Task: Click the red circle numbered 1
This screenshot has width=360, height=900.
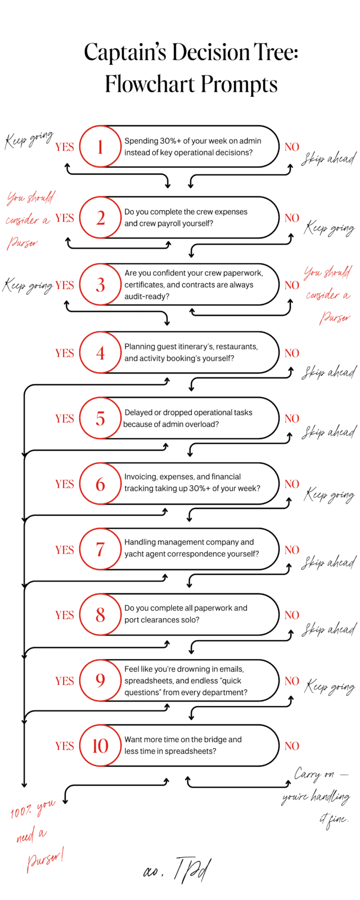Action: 100,146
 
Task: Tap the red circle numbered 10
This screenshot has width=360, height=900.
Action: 100,746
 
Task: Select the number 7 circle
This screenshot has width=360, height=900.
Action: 100,550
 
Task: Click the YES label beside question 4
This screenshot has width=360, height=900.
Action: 65,353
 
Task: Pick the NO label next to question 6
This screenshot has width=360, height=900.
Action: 291,484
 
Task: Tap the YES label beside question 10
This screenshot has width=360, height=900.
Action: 65,746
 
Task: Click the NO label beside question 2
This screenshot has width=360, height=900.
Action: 291,218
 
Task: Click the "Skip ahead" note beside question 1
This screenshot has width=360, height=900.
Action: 328,159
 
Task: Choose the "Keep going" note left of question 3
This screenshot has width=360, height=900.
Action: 28,286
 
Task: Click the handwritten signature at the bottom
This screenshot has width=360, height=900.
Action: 178,871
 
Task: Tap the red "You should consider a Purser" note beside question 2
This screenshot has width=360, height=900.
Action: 29,219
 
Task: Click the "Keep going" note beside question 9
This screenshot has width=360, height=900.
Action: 330,686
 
